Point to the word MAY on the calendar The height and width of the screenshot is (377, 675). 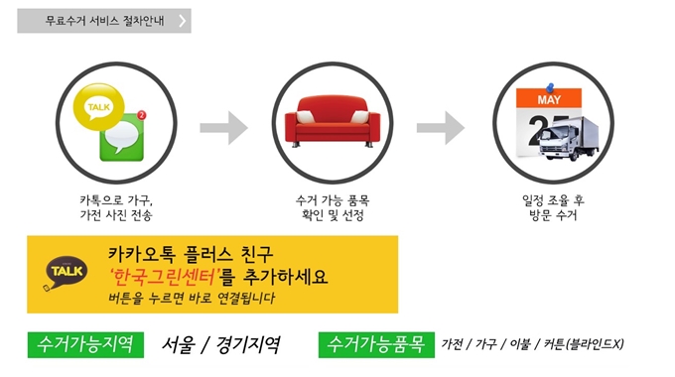pos(549,101)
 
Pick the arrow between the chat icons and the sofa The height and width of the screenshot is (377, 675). pos(222,126)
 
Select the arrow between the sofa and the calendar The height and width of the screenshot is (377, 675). pos(440,126)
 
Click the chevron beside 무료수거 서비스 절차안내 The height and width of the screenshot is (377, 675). pos(183,21)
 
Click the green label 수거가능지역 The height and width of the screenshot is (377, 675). pos(86,345)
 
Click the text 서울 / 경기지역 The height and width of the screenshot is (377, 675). pos(221,345)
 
